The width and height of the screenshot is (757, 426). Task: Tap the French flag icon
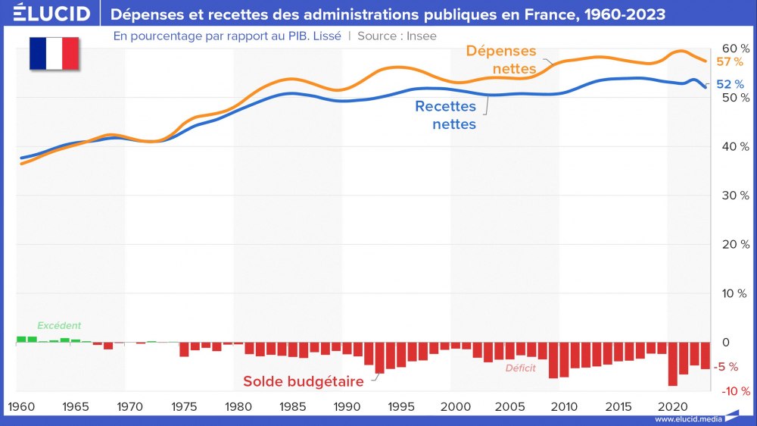click(x=54, y=53)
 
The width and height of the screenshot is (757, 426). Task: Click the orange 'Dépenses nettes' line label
click(x=501, y=60)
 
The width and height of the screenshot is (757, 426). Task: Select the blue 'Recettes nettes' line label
click(x=446, y=115)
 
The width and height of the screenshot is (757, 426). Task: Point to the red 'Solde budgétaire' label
click(x=303, y=381)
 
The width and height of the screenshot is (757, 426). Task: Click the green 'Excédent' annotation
click(x=59, y=325)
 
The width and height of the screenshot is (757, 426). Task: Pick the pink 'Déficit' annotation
click(x=520, y=369)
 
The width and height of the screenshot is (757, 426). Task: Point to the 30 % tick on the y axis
click(x=734, y=195)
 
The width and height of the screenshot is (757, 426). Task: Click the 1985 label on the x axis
click(x=292, y=406)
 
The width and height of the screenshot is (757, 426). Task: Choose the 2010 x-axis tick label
click(x=563, y=406)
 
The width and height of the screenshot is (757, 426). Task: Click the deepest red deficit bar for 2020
click(x=672, y=364)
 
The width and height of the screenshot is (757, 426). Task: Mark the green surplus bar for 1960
click(x=21, y=339)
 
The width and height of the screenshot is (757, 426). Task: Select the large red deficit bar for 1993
click(x=379, y=357)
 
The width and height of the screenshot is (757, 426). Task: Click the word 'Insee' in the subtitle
click(x=421, y=35)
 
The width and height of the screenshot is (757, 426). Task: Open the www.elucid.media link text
click(x=688, y=419)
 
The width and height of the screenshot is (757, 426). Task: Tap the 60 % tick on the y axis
click(x=734, y=49)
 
